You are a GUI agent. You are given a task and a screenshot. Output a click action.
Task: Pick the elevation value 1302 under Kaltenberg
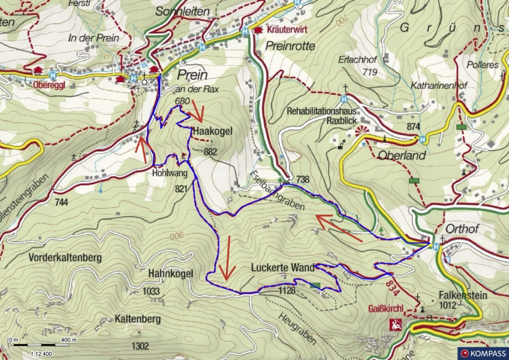pyautogui.click(x=140, y=346)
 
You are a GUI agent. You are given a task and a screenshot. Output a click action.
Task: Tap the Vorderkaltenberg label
pyautogui.click(x=65, y=257)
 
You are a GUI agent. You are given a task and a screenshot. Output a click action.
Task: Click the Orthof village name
pyautogui.click(x=460, y=229)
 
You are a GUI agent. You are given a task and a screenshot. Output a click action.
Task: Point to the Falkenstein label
pyautogui.click(x=462, y=296)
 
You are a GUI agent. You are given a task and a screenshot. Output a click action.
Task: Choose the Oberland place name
pyautogui.click(x=402, y=155)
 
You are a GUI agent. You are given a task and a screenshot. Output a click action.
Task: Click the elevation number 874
pyautogui.click(x=413, y=127)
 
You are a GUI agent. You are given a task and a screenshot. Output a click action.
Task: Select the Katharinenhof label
pyautogui.click(x=439, y=86)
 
